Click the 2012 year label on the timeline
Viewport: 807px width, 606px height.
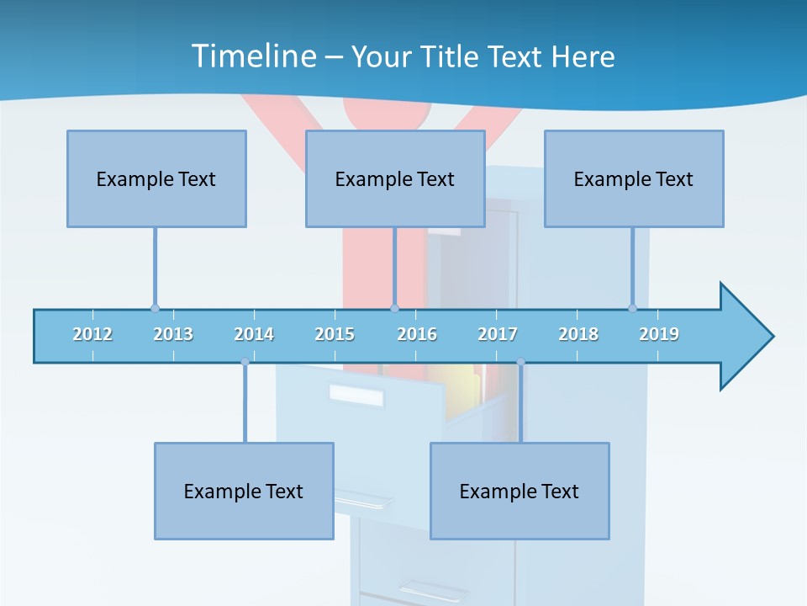[92, 334]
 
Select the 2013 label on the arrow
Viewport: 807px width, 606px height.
[173, 334]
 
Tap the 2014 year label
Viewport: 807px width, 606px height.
[254, 334]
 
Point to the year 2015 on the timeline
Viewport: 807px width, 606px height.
[335, 334]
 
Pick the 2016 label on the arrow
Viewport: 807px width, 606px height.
[417, 334]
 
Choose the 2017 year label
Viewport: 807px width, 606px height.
[498, 334]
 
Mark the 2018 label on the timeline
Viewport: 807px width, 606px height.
[578, 334]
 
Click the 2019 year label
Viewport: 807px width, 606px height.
[659, 334]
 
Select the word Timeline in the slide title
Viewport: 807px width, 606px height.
[253, 56]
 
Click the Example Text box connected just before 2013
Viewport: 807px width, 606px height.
[156, 178]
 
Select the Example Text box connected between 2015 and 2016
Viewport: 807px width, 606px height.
[395, 178]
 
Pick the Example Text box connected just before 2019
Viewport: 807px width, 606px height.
[634, 178]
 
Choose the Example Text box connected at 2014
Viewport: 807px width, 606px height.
[244, 491]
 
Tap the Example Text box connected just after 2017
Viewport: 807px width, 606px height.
[520, 491]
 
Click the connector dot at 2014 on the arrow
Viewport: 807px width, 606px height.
[245, 362]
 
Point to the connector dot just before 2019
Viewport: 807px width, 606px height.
[632, 308]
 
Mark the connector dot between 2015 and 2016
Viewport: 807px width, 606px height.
[394, 308]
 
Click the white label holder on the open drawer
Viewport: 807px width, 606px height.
[356, 393]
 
